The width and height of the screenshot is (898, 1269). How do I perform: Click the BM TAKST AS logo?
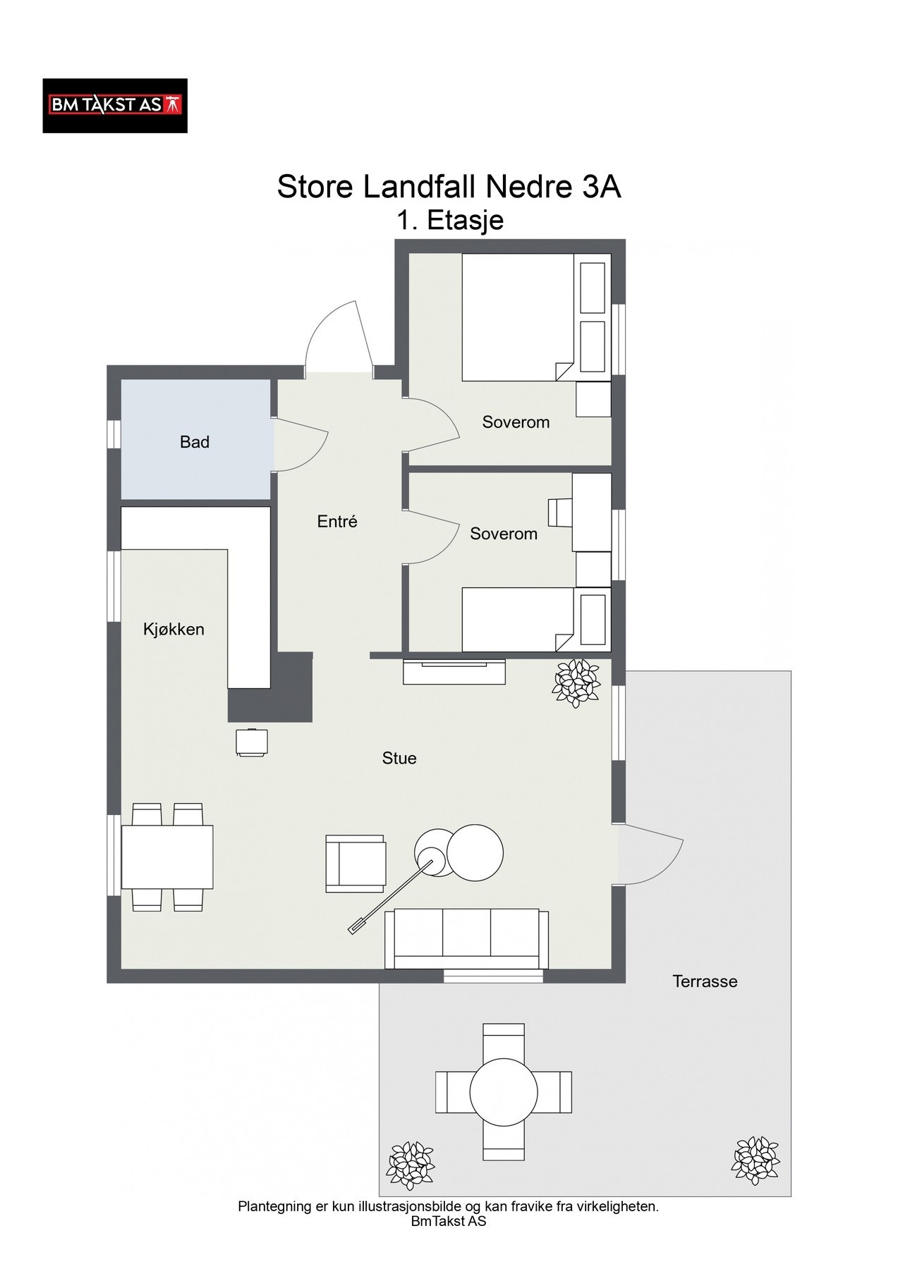point(115,106)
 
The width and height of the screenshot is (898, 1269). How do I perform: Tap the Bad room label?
point(195,442)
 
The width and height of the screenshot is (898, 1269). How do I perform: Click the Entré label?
point(337,522)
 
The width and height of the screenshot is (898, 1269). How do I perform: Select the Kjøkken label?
point(174,629)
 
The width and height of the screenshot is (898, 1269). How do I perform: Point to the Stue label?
point(399,758)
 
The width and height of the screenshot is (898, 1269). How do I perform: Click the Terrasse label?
point(705,981)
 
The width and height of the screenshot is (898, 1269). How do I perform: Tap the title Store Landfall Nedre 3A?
point(449,188)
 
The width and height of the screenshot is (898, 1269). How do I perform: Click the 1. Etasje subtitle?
point(449,221)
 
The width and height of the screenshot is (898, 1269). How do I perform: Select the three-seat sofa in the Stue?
point(466,938)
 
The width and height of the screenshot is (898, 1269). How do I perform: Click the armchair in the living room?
point(356,864)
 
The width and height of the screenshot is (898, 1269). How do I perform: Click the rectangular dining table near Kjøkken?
point(167,857)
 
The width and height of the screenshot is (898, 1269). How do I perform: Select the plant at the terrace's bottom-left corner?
point(411,1166)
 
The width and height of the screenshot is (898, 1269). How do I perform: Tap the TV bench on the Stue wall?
point(454,671)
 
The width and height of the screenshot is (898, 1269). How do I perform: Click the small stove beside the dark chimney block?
point(252,743)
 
